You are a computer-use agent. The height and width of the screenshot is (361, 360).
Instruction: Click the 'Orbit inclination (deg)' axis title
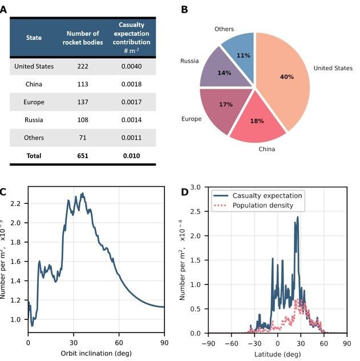pos(96,353)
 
